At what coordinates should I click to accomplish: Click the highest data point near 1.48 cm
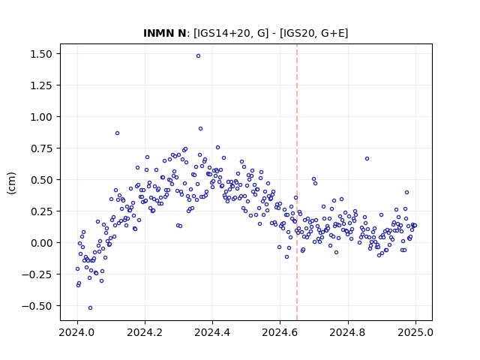point(198,55)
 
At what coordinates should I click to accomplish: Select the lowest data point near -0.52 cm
point(90,307)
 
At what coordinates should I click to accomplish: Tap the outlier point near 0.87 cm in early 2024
point(117,133)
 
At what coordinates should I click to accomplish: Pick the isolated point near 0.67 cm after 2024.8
point(367,158)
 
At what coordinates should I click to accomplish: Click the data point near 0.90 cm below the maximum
point(200,128)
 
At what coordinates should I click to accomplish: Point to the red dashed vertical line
point(297,182)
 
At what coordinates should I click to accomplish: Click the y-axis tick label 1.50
point(41,54)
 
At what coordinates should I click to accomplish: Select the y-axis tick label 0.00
point(41,243)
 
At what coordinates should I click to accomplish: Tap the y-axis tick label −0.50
point(37,306)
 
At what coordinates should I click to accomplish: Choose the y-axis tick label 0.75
point(41,148)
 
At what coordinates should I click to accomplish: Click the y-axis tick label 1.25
point(41,85)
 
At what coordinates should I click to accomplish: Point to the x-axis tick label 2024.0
point(77,332)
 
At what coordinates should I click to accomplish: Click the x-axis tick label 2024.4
point(212,332)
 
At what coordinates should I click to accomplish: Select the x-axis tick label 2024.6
point(280,332)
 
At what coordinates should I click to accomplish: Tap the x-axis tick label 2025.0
point(415,332)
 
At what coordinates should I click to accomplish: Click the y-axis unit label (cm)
point(11,183)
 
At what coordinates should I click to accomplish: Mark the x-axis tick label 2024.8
point(348,332)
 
